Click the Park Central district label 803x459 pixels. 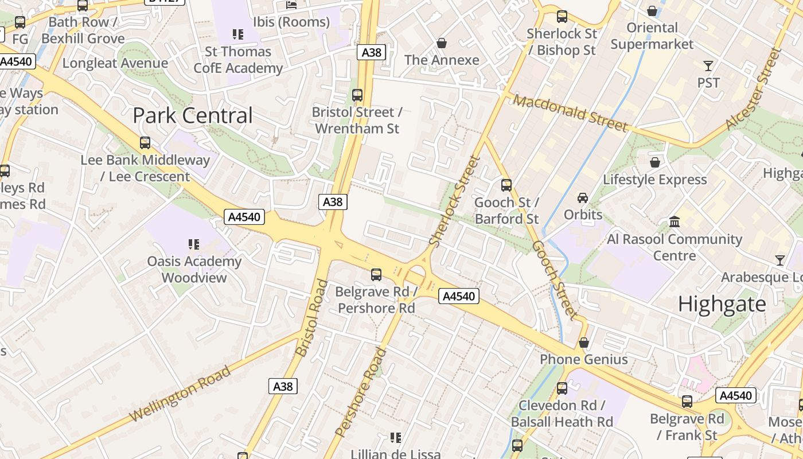(192, 115)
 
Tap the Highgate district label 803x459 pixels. (722, 304)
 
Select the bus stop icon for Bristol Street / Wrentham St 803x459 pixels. (357, 95)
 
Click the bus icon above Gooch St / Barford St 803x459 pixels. (506, 185)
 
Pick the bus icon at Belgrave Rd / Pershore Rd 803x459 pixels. (376, 275)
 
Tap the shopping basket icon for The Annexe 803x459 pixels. (442, 43)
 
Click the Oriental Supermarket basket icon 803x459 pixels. (652, 11)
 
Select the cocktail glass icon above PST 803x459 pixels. (708, 66)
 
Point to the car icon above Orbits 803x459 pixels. (583, 198)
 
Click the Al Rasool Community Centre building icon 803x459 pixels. (675, 221)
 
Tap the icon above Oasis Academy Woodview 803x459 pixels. (194, 244)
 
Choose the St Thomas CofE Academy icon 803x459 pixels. (237, 34)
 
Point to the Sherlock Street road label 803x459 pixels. (454, 201)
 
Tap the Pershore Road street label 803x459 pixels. (360, 392)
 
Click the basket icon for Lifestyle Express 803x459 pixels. (654, 163)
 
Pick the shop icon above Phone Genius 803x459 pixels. (583, 343)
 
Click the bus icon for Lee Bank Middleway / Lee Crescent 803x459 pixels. (145, 143)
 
